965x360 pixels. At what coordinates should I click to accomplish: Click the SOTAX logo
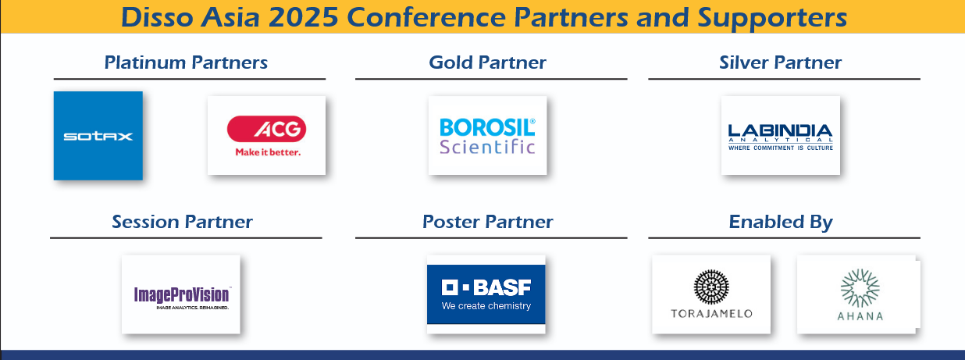coord(98,136)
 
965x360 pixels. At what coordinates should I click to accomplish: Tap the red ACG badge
coord(267,129)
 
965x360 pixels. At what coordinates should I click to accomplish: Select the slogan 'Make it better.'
coord(268,152)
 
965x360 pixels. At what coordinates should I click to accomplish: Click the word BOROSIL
coord(487,127)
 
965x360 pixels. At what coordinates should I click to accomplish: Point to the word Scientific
coord(487,147)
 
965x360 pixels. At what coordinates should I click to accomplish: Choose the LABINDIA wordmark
coord(780,131)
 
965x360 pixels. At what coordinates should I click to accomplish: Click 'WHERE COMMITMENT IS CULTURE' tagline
coord(781,148)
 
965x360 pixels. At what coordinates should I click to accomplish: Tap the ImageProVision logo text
coord(182,295)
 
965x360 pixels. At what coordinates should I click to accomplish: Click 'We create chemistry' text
coord(486,305)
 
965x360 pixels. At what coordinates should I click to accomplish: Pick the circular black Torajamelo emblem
coord(711,287)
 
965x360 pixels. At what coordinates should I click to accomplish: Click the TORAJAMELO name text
coord(711,313)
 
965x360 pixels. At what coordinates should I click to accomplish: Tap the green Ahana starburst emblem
coord(860,288)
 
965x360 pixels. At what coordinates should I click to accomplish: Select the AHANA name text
coord(860,316)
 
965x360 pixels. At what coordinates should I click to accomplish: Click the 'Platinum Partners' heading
coord(186,63)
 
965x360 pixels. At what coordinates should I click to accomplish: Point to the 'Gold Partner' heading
coord(488,62)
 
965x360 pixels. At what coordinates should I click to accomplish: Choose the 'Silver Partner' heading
coord(780,62)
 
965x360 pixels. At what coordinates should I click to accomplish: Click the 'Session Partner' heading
coord(182,222)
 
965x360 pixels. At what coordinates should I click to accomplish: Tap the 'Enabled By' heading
coord(781,223)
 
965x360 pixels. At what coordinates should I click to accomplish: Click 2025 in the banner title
coord(304,17)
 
